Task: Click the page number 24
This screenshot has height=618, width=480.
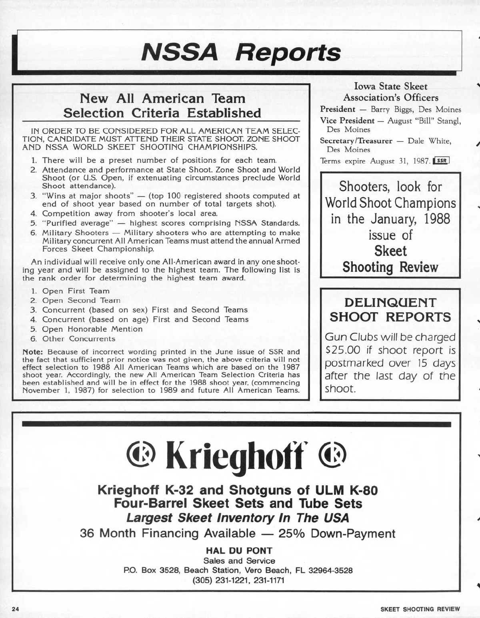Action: [x=16, y=609]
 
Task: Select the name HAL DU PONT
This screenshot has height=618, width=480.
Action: [x=238, y=550]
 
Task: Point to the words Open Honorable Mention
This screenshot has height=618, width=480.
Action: [x=92, y=329]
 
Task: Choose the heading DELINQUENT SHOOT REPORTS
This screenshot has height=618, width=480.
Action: [x=390, y=310]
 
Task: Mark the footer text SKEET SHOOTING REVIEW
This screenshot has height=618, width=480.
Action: [x=420, y=609]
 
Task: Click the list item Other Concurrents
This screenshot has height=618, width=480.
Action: [x=78, y=339]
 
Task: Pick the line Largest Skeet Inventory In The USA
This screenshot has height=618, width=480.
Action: [x=238, y=518]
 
